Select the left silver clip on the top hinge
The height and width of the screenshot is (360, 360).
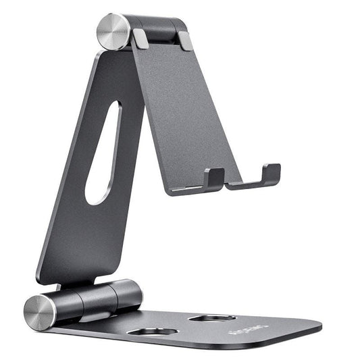pos(141,38)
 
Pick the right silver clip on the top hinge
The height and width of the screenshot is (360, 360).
pos(184,41)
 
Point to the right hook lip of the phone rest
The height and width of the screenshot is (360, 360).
pos(271,174)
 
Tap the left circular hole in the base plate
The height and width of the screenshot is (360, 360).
pos(152,332)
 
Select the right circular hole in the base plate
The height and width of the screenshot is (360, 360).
pos(212,317)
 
